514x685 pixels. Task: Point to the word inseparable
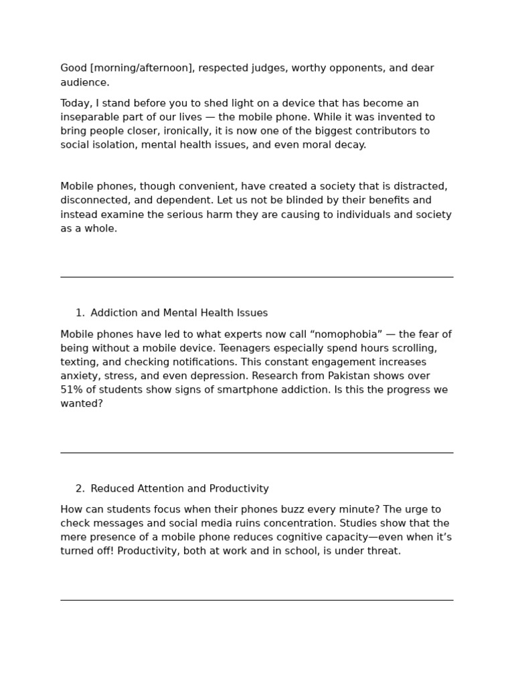(90, 117)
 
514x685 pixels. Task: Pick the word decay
(350, 145)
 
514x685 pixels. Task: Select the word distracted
(420, 186)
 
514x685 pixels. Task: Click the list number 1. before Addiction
(80, 313)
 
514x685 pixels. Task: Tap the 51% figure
(72, 390)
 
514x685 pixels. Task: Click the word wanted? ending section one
(82, 404)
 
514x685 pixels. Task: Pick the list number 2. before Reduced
(80, 489)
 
